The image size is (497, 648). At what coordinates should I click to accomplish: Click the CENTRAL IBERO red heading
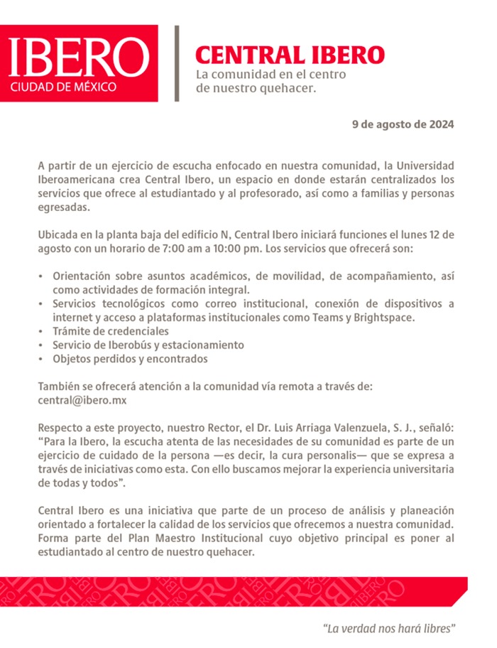coord(290,55)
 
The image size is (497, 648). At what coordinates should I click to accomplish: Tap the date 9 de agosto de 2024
coord(403,124)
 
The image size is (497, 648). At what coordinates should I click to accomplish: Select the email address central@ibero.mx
coord(82,399)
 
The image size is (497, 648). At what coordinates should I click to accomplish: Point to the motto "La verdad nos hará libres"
coord(388,629)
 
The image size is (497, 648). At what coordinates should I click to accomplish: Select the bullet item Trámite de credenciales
coord(109,331)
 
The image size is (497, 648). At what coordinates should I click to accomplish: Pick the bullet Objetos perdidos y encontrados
coord(129,359)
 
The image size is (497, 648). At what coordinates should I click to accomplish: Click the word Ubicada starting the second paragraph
coord(58,234)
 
